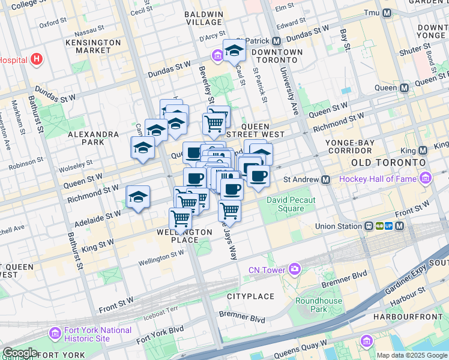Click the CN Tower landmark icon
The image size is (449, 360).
[294, 269]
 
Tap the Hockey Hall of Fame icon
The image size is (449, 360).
[426, 179]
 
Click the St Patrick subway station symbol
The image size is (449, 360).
[276, 41]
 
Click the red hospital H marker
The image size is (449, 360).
[37, 60]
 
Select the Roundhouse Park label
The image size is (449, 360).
[318, 305]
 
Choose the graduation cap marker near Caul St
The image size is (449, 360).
[234, 50]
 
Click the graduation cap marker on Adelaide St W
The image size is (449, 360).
[138, 197]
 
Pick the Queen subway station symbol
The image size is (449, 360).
[404, 88]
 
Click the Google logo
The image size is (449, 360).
[20, 353]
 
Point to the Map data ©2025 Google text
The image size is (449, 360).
[412, 355]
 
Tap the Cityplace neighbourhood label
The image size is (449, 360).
[250, 296]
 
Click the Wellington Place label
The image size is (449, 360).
[185, 236]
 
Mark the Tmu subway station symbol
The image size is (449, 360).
[387, 13]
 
